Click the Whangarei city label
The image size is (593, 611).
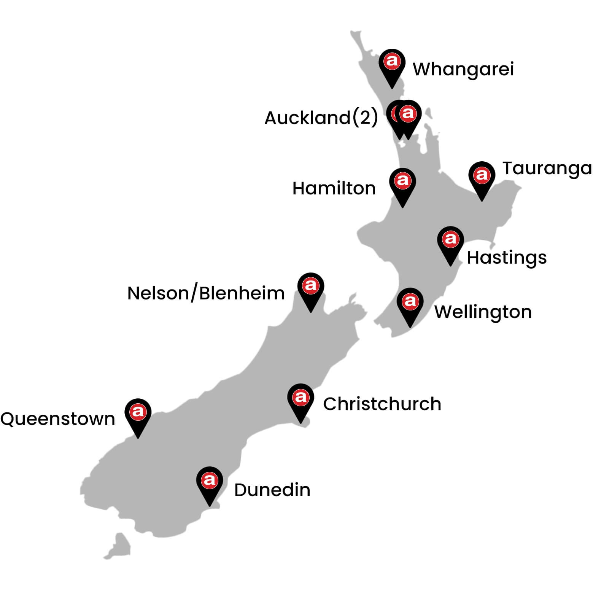(463, 69)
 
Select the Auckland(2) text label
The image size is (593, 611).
(321, 118)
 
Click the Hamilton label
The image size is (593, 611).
(334, 188)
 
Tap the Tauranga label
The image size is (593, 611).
(547, 168)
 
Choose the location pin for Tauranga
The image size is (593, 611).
(482, 177)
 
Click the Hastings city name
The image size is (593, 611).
(506, 258)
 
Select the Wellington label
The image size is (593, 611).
(483, 312)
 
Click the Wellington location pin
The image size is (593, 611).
(410, 303)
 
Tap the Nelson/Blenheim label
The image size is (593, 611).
(206, 293)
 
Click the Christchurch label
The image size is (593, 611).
(382, 404)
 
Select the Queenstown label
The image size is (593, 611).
(57, 419)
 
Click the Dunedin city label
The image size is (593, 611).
(272, 490)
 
